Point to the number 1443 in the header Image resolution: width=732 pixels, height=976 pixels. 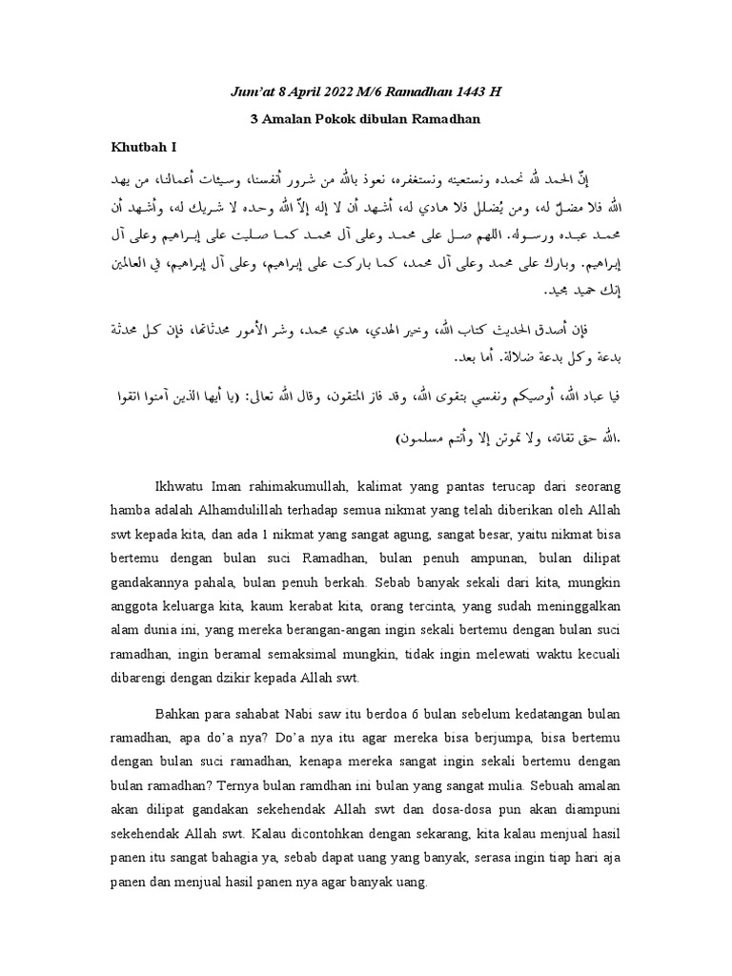click(x=472, y=91)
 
